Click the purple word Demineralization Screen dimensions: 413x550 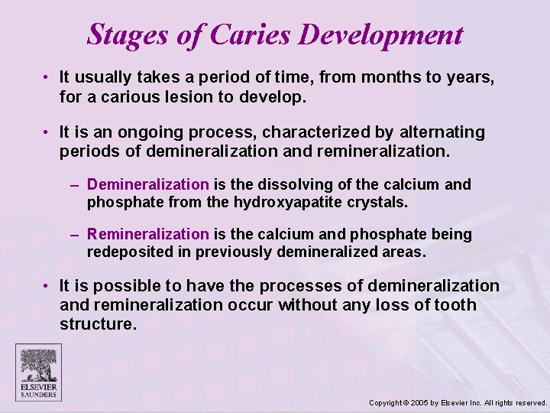(147, 184)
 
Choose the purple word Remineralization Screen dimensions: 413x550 (147, 234)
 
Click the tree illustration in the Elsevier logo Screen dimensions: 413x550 (38, 363)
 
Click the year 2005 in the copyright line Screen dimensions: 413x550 (419, 402)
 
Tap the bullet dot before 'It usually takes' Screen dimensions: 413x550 (47, 77)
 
